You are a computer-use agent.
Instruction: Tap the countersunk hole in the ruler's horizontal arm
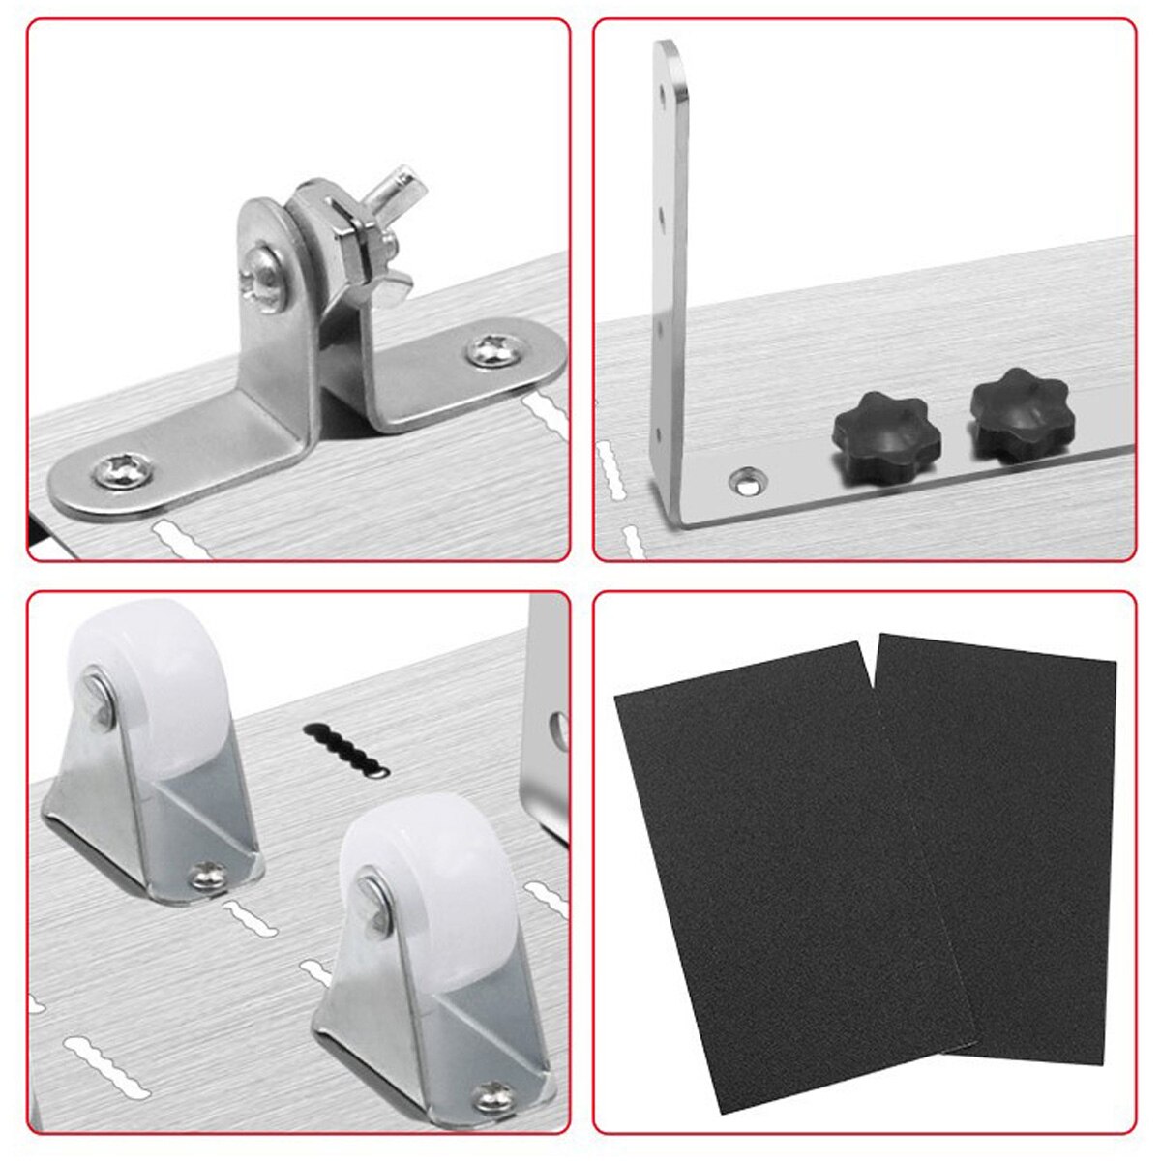click(x=745, y=478)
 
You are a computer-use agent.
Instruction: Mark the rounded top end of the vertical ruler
click(x=668, y=53)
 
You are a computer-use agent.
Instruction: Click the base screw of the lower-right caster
click(x=493, y=1097)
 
